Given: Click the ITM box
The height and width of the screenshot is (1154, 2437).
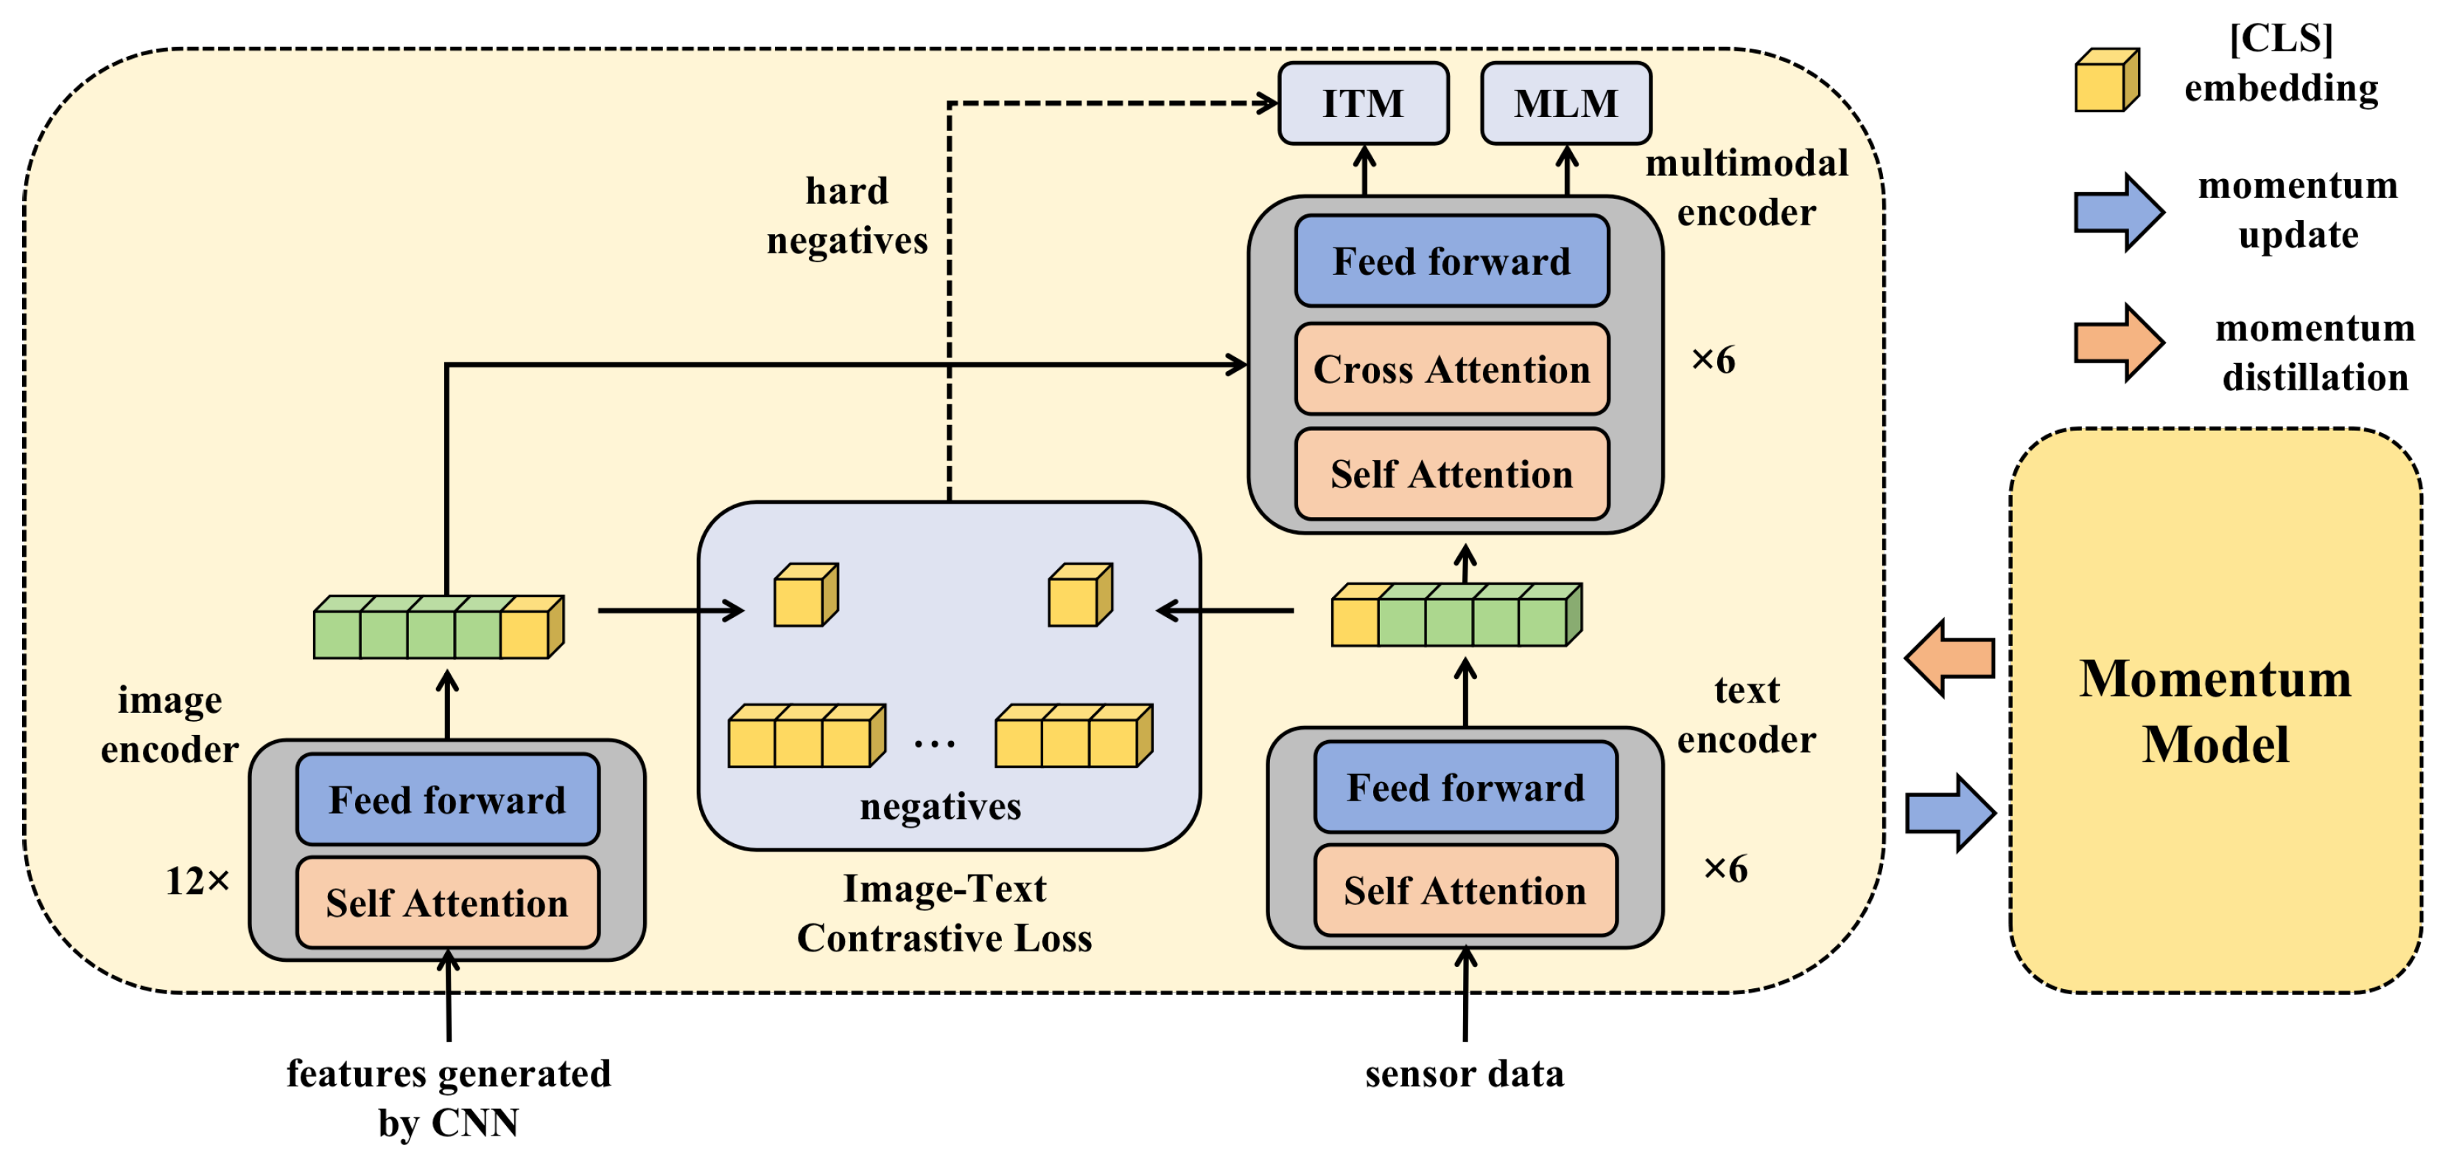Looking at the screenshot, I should point(1362,103).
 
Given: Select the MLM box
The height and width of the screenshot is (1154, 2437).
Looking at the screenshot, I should point(1565,103).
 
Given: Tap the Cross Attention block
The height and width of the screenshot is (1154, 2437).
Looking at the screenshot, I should point(1451,369).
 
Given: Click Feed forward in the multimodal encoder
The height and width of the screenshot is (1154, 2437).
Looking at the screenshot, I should point(1451,261).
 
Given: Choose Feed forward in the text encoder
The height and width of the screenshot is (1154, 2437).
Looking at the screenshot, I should point(1465,787).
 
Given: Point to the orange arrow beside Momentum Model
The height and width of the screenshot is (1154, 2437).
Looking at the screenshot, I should point(1951,658).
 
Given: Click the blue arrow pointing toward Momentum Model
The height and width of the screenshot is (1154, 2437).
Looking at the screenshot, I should point(1951,814).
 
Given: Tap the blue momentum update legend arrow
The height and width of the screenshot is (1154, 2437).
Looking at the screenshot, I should point(2117,212).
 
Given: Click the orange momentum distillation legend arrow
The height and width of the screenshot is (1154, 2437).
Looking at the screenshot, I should point(2117,342).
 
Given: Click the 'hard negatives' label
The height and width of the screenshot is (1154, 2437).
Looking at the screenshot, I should point(846,216).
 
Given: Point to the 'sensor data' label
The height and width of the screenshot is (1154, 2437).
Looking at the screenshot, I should point(1464,1074).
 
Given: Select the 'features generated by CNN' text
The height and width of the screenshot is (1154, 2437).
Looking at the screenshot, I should point(449,1097).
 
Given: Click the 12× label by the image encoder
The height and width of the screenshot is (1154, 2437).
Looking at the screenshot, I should point(197,881).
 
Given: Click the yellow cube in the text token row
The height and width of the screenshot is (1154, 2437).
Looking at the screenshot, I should point(1356,619).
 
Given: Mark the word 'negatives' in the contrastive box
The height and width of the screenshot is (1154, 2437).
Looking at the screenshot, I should point(939,806).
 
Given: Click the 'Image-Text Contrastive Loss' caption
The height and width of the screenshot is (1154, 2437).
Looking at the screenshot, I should point(944,912).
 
